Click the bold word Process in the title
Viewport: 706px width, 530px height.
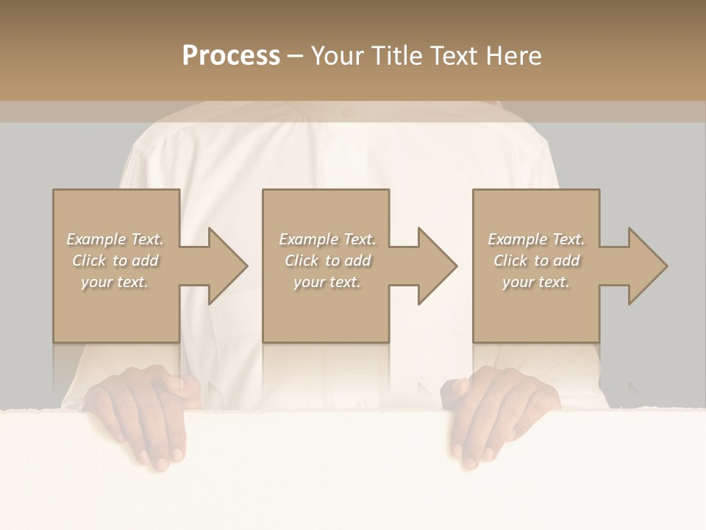[231, 55]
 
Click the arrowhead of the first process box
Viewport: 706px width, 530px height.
[227, 266]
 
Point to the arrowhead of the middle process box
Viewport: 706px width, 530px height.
[436, 266]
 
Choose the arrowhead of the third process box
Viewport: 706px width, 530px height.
[646, 266]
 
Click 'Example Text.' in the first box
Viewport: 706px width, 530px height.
[115, 239]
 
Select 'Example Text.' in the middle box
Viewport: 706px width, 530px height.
[327, 239]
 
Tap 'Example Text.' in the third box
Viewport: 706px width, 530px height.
[536, 239]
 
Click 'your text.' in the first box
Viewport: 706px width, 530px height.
[115, 282]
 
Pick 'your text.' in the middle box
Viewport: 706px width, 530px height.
[327, 282]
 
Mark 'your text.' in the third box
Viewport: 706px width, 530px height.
[536, 282]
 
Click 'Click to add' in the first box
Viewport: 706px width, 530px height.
[115, 261]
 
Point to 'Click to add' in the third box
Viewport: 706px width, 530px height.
[536, 261]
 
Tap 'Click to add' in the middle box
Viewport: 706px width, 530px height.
[327, 261]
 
